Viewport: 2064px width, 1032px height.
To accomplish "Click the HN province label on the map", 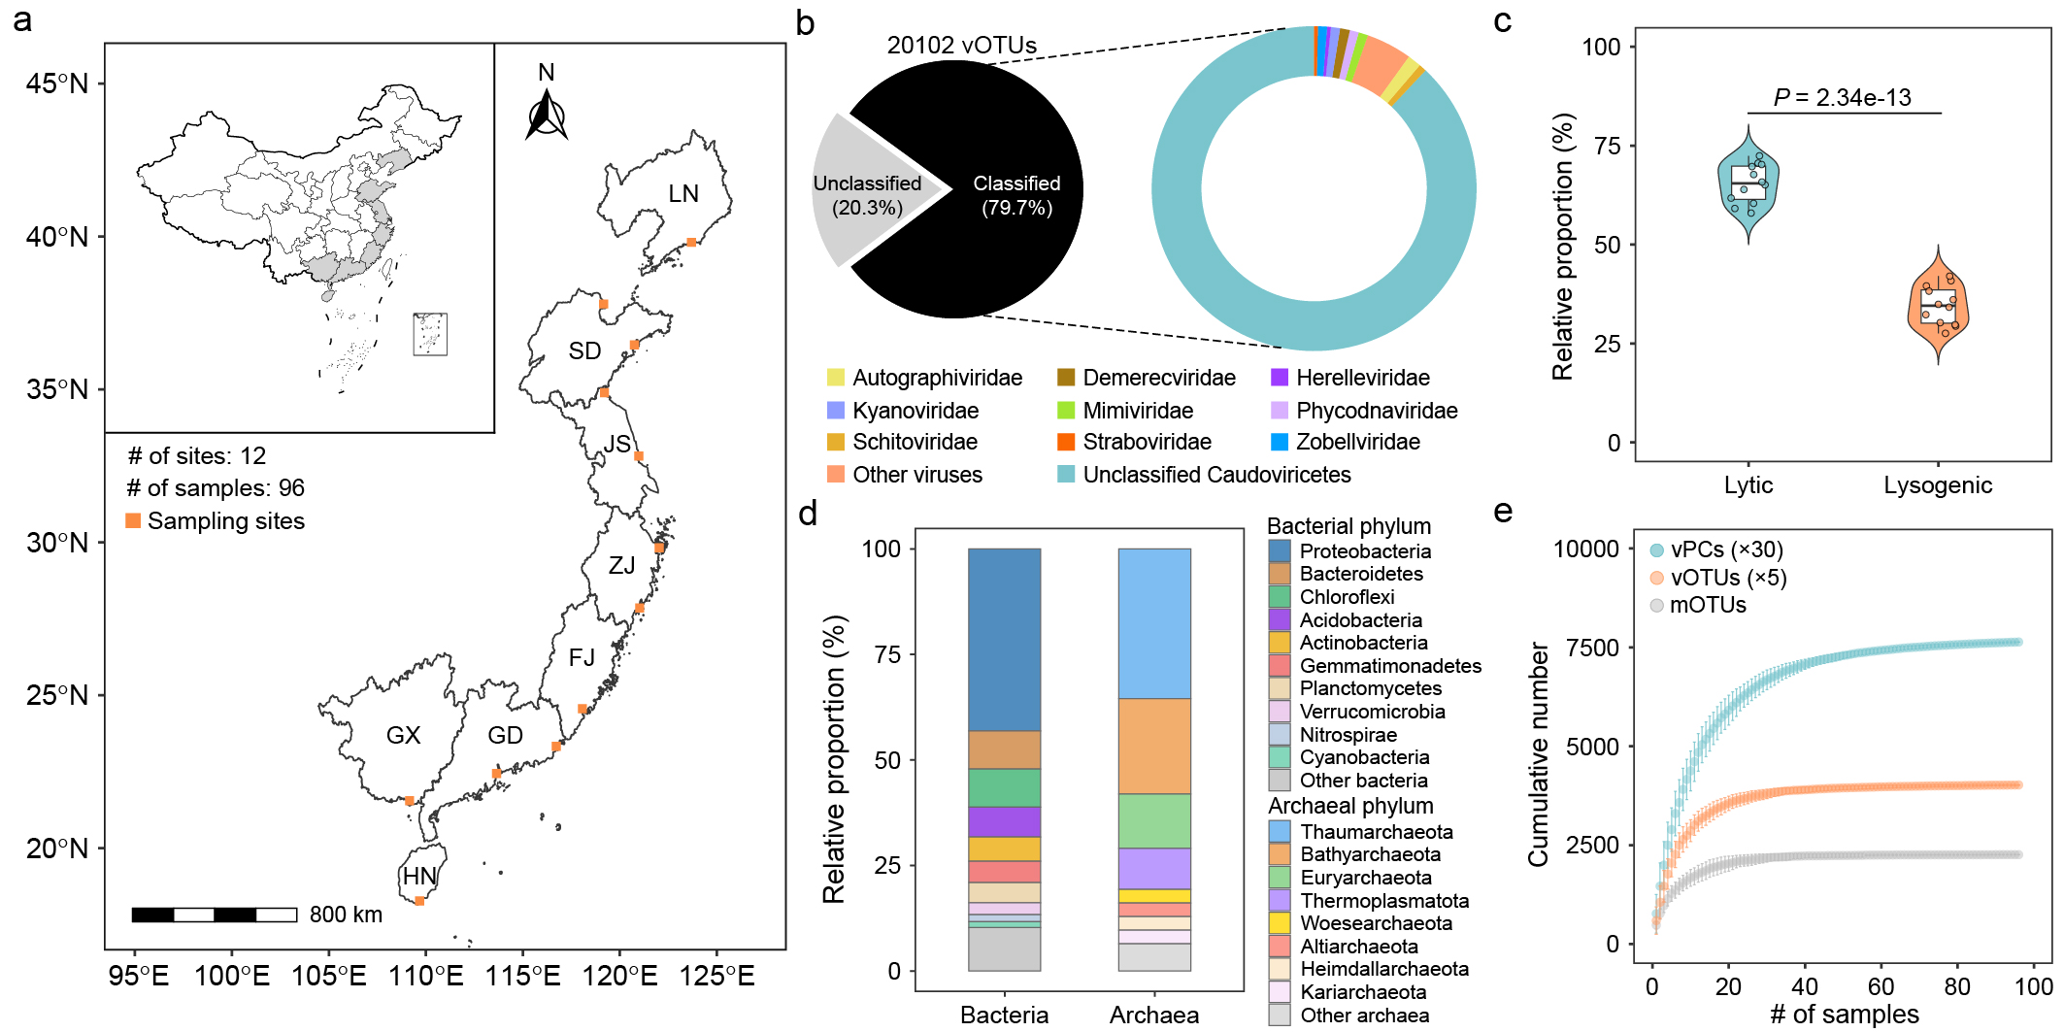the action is click(419, 876).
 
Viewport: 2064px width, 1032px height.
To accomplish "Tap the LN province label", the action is click(683, 193).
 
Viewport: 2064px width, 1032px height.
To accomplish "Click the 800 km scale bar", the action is click(215, 915).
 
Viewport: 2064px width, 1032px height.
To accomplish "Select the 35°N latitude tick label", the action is click(57, 389).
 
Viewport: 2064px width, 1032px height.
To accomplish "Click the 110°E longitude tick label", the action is click(425, 976).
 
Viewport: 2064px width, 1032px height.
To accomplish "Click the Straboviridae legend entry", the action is click(1134, 442).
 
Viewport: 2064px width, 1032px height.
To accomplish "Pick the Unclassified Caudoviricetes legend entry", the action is click(1204, 475).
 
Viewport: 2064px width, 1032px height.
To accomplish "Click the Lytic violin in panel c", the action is click(1748, 184).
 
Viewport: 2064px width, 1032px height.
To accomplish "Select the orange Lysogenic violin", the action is click(1938, 305).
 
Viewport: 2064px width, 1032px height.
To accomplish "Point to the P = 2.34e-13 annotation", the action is click(1842, 97).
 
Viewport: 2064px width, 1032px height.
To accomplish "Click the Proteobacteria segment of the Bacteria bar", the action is click(1004, 640).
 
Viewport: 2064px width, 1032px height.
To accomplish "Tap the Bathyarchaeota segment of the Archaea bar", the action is click(1154, 746).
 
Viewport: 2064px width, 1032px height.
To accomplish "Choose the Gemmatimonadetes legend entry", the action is click(1375, 666).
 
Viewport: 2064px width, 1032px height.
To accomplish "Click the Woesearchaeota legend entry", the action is click(1361, 923).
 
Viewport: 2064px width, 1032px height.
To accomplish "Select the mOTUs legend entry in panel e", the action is click(1697, 605).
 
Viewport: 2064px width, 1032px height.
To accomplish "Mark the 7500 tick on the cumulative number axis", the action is click(1586, 648).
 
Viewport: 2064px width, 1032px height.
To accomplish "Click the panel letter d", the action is click(808, 512).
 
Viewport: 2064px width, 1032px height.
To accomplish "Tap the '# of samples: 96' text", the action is click(216, 488).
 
